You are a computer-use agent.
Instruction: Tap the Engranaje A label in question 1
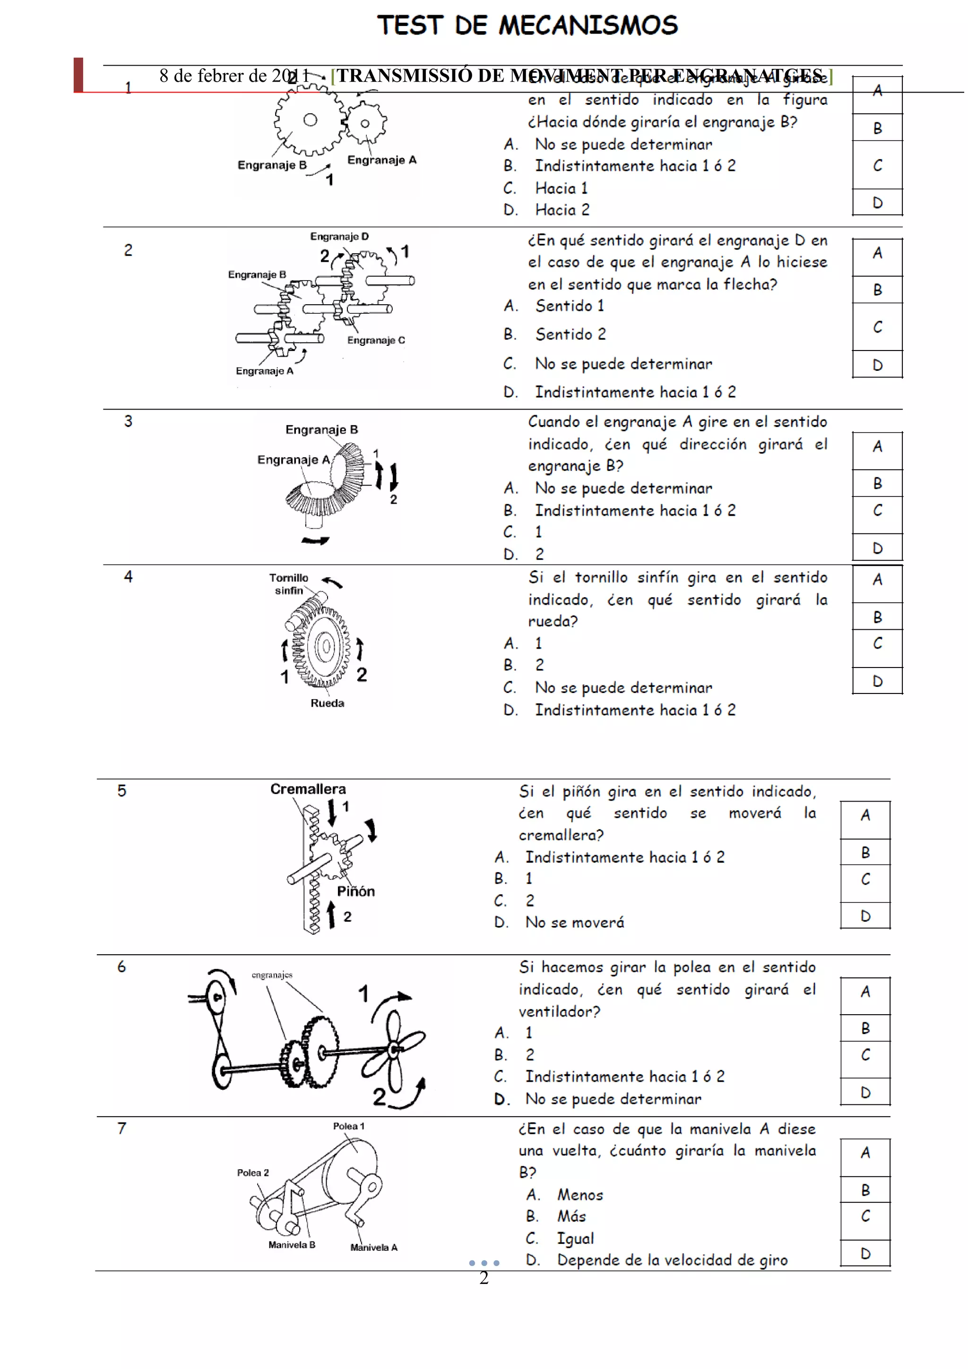[382, 160]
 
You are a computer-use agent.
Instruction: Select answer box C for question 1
[877, 165]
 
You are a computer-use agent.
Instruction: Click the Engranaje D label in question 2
[339, 237]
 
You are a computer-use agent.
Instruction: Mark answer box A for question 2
[877, 253]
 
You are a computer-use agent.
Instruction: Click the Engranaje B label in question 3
[321, 430]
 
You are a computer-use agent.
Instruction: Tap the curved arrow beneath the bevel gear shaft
[315, 541]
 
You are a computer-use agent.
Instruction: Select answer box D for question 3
[877, 548]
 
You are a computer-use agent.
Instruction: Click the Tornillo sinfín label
[289, 584]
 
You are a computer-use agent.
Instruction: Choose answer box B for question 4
[877, 617]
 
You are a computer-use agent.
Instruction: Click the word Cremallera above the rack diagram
[308, 789]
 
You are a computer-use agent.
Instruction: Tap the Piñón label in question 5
[355, 891]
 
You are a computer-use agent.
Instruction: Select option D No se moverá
[574, 923]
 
